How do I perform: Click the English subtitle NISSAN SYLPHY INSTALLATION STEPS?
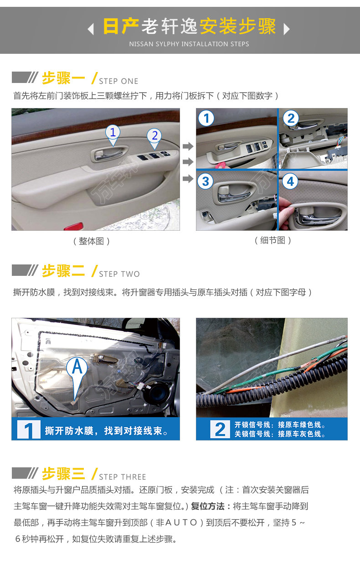189,44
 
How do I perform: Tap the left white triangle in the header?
91,29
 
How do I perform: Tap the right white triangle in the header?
287,29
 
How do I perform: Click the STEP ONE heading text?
118,81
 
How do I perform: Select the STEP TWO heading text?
119,274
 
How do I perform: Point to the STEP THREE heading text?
123,477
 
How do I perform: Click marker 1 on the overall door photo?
113,135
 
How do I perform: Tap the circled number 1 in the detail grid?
206,118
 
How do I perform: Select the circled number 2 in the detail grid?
291,118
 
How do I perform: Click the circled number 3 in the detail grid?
206,181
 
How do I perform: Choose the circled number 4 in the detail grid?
290,181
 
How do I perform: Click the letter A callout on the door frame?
77,372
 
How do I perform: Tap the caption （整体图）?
91,241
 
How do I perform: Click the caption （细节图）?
273,240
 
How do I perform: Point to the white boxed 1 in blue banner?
29,429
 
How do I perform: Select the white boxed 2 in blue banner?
220,429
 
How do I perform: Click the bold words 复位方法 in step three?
207,506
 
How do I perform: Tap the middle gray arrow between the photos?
188,162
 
